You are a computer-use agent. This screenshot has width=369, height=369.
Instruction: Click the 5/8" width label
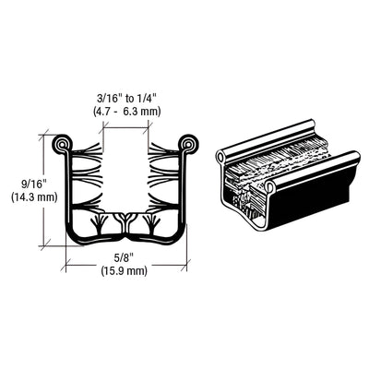125,258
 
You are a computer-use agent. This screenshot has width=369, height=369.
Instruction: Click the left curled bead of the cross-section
62,146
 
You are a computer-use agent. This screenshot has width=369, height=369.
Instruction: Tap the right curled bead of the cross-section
189,145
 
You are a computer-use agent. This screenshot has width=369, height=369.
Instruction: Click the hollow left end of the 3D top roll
220,158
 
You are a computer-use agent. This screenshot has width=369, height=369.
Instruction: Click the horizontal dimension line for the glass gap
125,125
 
